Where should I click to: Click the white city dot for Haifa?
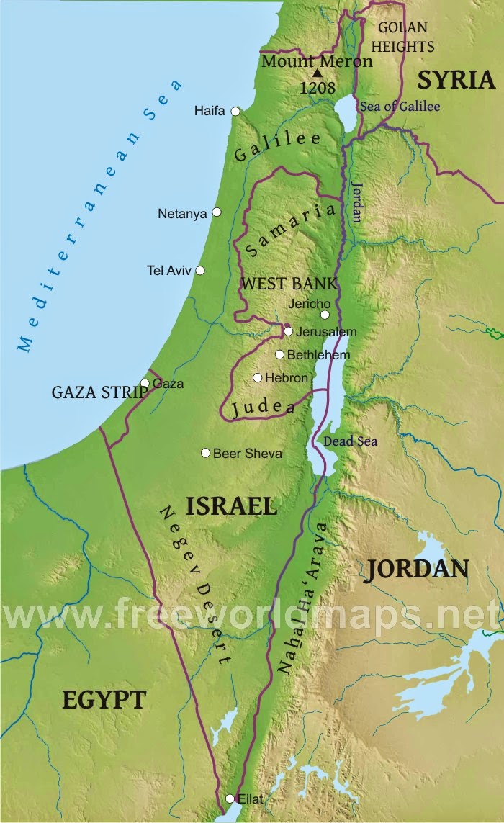tap(235, 111)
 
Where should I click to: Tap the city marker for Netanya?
tap(216, 212)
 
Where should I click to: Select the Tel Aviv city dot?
tap(200, 270)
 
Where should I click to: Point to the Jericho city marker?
tap(325, 315)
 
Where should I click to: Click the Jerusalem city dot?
tap(288, 332)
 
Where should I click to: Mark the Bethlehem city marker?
tap(279, 354)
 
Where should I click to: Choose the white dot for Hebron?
tap(257, 377)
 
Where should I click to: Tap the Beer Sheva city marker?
tap(205, 453)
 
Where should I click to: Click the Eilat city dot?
tap(230, 799)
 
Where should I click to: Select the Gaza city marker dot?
tap(145, 384)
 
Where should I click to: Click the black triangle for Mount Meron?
tap(317, 73)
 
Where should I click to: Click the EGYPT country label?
tap(104, 699)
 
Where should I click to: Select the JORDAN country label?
tap(417, 569)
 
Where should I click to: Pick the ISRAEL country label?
tap(231, 505)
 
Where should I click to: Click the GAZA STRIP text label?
tap(99, 393)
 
